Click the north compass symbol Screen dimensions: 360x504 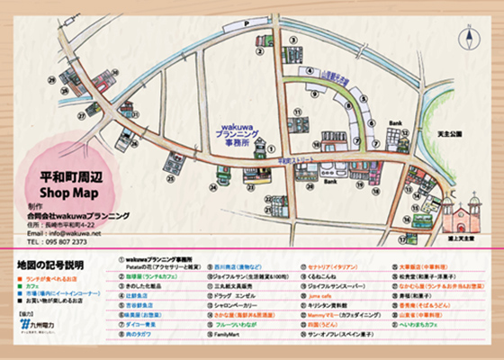470,38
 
